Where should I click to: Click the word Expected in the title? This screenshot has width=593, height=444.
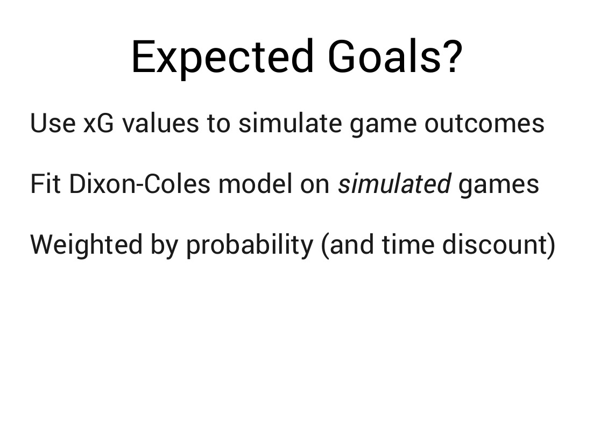click(x=223, y=57)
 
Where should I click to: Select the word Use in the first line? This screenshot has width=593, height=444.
click(x=53, y=123)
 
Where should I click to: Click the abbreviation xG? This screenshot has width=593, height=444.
click(x=98, y=123)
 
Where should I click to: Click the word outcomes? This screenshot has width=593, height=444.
click(x=484, y=124)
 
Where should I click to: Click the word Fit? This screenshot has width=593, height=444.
click(x=45, y=184)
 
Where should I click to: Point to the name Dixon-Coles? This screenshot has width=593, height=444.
click(x=139, y=184)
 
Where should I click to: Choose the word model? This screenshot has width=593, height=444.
click(x=255, y=184)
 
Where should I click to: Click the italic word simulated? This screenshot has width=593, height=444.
click(x=394, y=184)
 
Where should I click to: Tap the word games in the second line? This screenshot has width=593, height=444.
click(x=499, y=187)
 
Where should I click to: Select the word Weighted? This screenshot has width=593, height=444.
click(x=87, y=245)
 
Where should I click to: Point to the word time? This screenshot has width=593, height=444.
click(x=408, y=245)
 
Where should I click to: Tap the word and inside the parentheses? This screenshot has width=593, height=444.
click(x=352, y=245)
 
